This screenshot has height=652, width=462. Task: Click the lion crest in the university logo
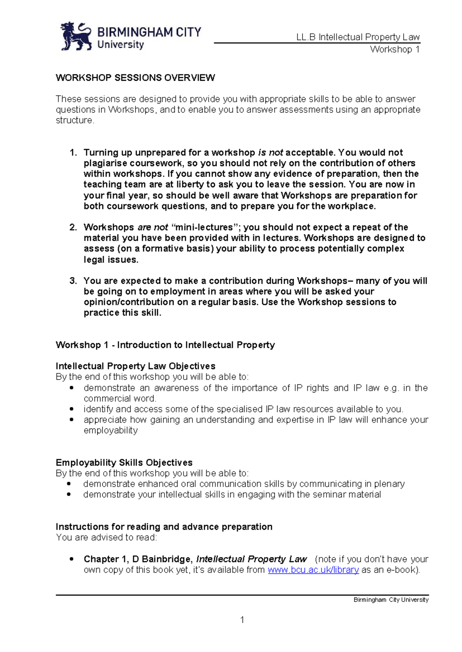pyautogui.click(x=76, y=36)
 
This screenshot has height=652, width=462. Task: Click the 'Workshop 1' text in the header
pyautogui.click(x=395, y=49)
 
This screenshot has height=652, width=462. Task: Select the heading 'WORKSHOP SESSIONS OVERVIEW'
pyautogui.click(x=135, y=78)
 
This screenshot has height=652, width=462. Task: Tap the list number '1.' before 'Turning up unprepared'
pyautogui.click(x=74, y=153)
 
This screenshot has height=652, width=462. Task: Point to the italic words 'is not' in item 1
pyautogui.click(x=270, y=153)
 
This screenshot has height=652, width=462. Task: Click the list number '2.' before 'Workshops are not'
pyautogui.click(x=74, y=227)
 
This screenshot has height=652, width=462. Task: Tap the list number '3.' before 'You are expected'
pyautogui.click(x=74, y=281)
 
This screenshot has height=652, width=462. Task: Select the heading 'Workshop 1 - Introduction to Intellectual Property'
pyautogui.click(x=165, y=345)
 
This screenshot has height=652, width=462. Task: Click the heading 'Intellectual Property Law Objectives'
pyautogui.click(x=135, y=366)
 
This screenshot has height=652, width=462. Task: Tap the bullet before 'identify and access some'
pyautogui.click(x=71, y=409)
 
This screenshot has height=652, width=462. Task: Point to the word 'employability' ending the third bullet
pyautogui.click(x=110, y=430)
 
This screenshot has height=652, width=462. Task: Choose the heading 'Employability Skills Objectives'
pyautogui.click(x=124, y=462)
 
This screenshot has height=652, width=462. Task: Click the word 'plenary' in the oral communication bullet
pyautogui.click(x=389, y=484)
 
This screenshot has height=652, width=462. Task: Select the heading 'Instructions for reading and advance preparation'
pyautogui.click(x=164, y=527)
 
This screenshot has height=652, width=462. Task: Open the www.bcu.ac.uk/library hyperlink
pyautogui.click(x=313, y=570)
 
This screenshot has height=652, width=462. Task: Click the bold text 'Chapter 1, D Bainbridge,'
pyautogui.click(x=138, y=559)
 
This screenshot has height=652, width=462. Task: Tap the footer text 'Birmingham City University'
pyautogui.click(x=391, y=600)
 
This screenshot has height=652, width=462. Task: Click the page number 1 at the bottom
pyautogui.click(x=242, y=620)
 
